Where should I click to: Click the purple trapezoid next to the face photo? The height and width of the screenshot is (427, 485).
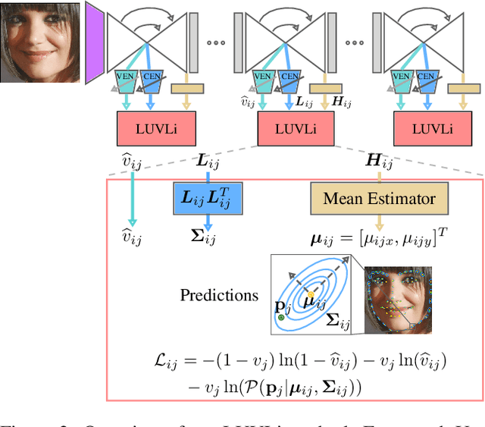[94, 41]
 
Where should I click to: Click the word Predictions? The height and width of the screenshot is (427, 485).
[219, 294]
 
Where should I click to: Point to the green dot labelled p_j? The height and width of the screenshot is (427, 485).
[281, 317]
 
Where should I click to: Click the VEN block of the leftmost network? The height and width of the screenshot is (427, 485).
[127, 76]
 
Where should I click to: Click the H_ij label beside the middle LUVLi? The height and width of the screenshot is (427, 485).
[343, 100]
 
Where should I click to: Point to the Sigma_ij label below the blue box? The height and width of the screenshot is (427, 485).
[205, 239]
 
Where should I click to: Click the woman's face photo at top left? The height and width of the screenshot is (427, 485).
[39, 41]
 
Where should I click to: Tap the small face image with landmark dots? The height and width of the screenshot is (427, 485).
[398, 300]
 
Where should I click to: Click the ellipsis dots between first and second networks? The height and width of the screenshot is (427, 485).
[216, 42]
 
